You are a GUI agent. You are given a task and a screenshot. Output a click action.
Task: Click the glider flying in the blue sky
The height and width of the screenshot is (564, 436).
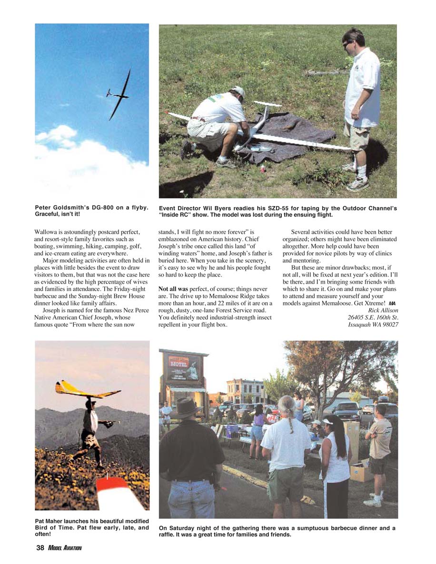[x=119, y=95]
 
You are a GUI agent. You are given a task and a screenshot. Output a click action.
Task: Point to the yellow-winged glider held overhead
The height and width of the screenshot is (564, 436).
[x=86, y=390]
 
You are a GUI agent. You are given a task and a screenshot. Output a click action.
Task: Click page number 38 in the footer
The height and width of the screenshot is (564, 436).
[x=40, y=548]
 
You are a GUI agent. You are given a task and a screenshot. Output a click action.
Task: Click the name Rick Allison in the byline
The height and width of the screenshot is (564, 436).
[x=383, y=310]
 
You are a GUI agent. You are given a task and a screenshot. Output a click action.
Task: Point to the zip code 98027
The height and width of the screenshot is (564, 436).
[x=388, y=325]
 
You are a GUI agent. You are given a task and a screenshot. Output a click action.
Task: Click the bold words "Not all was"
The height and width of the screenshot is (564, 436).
[x=173, y=288]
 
